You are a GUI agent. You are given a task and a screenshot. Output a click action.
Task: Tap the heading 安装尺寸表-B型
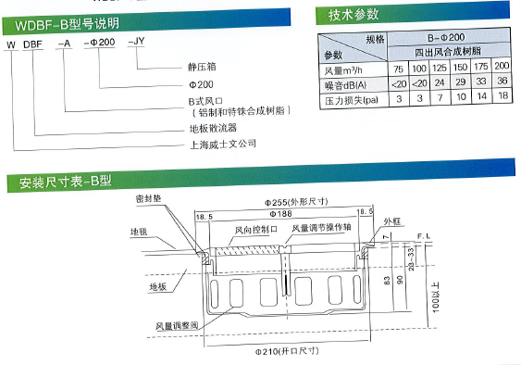[x=57, y=182]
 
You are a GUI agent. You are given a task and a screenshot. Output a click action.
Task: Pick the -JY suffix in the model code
[x=134, y=44]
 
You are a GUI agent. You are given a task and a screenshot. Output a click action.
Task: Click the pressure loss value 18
[x=502, y=97]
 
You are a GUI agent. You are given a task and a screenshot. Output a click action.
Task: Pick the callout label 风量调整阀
[x=175, y=326]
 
